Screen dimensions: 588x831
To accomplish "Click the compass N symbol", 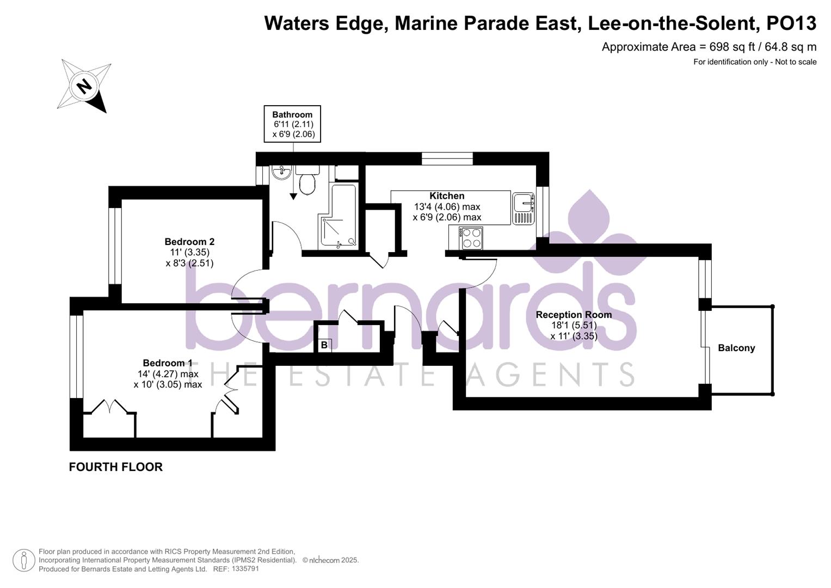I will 84,86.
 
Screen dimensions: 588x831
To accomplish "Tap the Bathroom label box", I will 292,124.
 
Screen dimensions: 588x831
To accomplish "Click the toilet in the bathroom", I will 307,181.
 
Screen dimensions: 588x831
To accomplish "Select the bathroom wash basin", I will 282,173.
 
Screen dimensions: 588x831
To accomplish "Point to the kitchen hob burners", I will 471,238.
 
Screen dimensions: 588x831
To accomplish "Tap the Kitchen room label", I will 447,196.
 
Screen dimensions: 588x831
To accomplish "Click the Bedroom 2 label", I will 189,242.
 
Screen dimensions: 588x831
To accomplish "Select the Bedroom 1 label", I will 168,363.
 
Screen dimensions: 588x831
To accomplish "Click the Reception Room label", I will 574,315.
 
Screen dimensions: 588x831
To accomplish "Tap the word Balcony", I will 736,348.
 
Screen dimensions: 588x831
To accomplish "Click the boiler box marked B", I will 324,345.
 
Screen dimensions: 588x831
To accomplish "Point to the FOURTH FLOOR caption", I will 116,467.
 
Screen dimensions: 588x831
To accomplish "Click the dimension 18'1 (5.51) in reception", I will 574,326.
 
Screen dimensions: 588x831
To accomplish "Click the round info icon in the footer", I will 23,560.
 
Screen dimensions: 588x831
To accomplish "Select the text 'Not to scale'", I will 796,62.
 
